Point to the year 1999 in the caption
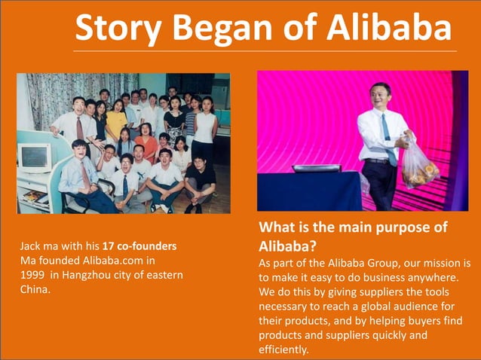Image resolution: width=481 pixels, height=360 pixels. [x=35, y=275]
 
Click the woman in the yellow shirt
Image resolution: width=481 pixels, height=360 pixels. [x=115, y=121]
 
